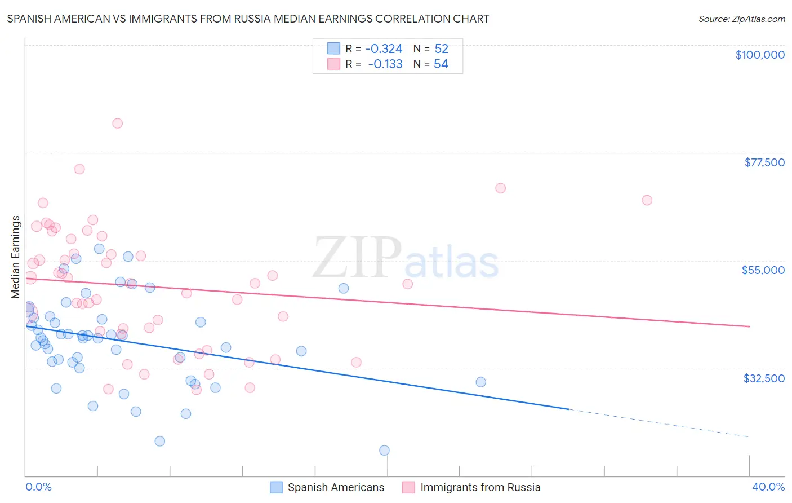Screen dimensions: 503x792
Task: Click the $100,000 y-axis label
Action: pos(760,55)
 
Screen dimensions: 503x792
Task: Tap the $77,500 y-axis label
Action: pos(764,162)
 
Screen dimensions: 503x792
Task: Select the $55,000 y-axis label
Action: pos(763,270)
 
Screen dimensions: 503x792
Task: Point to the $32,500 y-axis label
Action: pos(764,378)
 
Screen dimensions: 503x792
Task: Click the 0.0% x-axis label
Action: pos(38,487)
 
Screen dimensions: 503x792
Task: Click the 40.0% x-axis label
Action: pos(768,487)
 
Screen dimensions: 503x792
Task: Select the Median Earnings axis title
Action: pos(16,257)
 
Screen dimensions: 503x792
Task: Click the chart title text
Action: pos(248,19)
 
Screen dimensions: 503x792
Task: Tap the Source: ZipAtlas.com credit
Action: pos(741,19)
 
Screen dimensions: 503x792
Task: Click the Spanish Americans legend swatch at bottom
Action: pos(276,487)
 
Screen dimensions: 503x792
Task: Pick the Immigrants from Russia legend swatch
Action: pos(408,487)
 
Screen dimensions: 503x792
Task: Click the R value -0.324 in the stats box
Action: pos(384,49)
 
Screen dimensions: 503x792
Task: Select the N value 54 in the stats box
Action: pos(441,64)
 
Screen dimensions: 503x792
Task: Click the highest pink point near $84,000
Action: pos(118,123)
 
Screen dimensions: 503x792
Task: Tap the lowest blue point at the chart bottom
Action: pos(384,450)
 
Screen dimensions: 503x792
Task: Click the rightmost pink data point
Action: pos(647,200)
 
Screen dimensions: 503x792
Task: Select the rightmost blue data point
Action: pos(480,382)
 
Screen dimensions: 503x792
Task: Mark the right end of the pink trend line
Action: pos(749,326)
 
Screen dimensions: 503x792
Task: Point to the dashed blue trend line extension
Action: pos(659,423)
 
